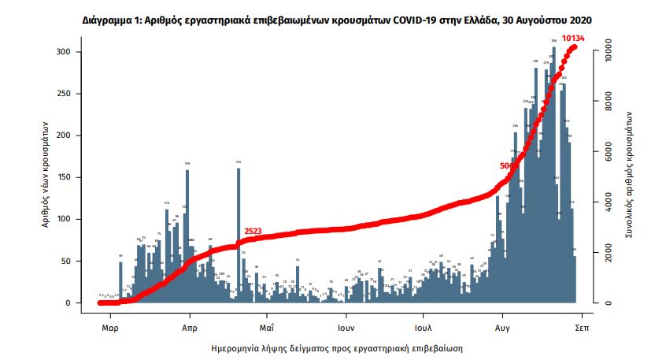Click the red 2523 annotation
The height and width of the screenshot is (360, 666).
pos(253,232)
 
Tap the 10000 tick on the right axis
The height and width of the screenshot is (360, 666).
pos(611,51)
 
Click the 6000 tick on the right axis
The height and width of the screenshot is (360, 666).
pos(611,152)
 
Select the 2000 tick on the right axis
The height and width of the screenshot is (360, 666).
pos(611,253)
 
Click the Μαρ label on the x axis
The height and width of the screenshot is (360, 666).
pos(110,325)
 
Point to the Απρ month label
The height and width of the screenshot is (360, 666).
pos(189,325)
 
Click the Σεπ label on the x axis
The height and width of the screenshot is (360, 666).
pos(582,325)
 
